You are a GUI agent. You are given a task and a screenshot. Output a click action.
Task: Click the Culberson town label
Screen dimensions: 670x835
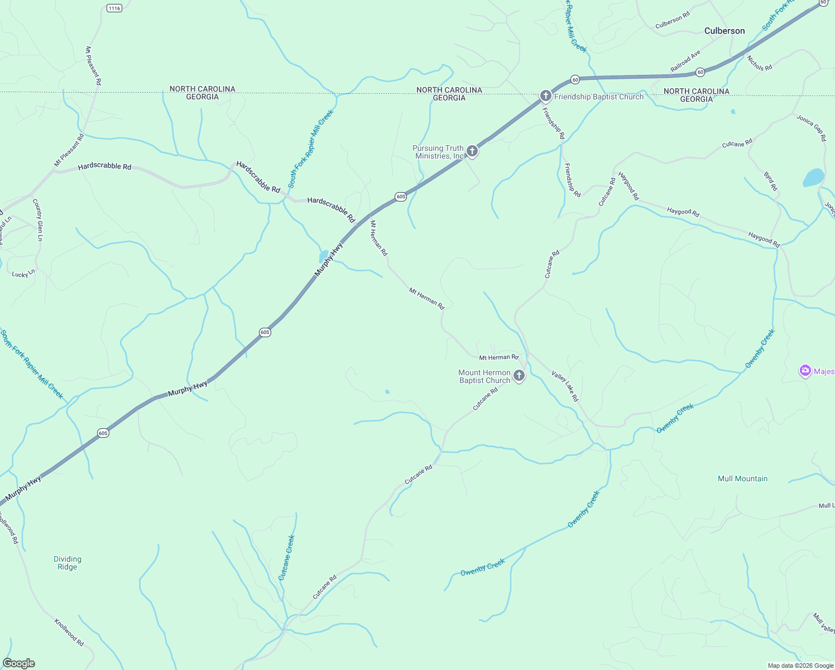pos(724,31)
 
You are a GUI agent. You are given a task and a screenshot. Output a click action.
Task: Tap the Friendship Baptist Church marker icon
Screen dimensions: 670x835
pos(546,97)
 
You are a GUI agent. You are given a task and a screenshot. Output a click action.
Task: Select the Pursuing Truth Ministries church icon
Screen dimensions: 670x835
pos(472,151)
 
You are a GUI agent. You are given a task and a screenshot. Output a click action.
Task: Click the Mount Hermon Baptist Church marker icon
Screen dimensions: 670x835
pos(519,376)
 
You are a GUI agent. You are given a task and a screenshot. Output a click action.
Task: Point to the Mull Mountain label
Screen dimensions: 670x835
pos(742,478)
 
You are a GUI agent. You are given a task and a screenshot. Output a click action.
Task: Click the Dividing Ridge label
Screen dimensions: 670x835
pos(68,563)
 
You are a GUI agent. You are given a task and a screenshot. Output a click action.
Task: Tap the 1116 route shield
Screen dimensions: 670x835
pos(114,8)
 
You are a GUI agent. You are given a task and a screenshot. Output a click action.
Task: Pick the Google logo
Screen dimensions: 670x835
pos(19,663)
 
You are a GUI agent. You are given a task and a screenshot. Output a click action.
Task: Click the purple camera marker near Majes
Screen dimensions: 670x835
pos(805,371)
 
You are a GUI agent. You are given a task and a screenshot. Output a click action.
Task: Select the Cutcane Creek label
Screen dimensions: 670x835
pos(286,558)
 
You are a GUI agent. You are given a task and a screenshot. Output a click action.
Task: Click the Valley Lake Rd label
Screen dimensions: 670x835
pos(565,386)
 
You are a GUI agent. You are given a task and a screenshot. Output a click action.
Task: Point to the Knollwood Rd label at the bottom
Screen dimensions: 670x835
pos(69,632)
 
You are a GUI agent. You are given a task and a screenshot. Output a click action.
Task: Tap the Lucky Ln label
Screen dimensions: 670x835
pos(23,274)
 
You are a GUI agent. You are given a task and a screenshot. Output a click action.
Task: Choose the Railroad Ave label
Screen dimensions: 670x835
pos(685,61)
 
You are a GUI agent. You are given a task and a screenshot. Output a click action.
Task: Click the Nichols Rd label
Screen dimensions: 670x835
pos(760,63)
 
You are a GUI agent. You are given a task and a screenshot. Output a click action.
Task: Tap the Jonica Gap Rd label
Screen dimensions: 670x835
pos(810,128)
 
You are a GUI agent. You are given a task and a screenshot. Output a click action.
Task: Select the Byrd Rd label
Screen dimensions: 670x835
pos(770,181)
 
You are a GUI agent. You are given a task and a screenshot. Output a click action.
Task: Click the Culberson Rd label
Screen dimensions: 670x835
pos(673,21)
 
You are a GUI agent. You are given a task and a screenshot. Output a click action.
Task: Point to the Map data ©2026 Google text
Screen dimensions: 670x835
pos(800,665)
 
